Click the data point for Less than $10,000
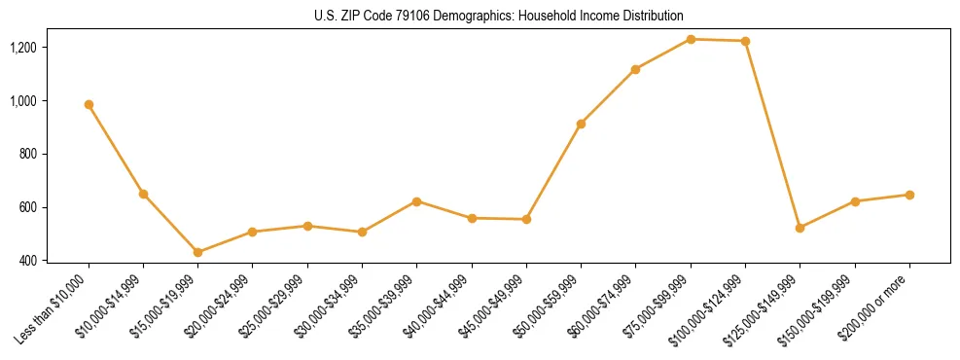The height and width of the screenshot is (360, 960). (89, 104)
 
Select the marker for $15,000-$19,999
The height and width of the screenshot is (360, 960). (197, 252)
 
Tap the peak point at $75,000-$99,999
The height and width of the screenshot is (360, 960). (691, 39)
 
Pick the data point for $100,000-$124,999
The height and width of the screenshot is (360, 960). (745, 41)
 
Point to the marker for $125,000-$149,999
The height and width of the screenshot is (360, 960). (800, 228)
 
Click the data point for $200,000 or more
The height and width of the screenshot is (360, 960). (909, 195)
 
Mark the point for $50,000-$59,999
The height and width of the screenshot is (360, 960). (581, 124)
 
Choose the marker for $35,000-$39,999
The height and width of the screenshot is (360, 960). (416, 201)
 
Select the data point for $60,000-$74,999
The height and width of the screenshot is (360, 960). (635, 69)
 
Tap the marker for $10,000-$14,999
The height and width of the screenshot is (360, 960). (143, 194)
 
